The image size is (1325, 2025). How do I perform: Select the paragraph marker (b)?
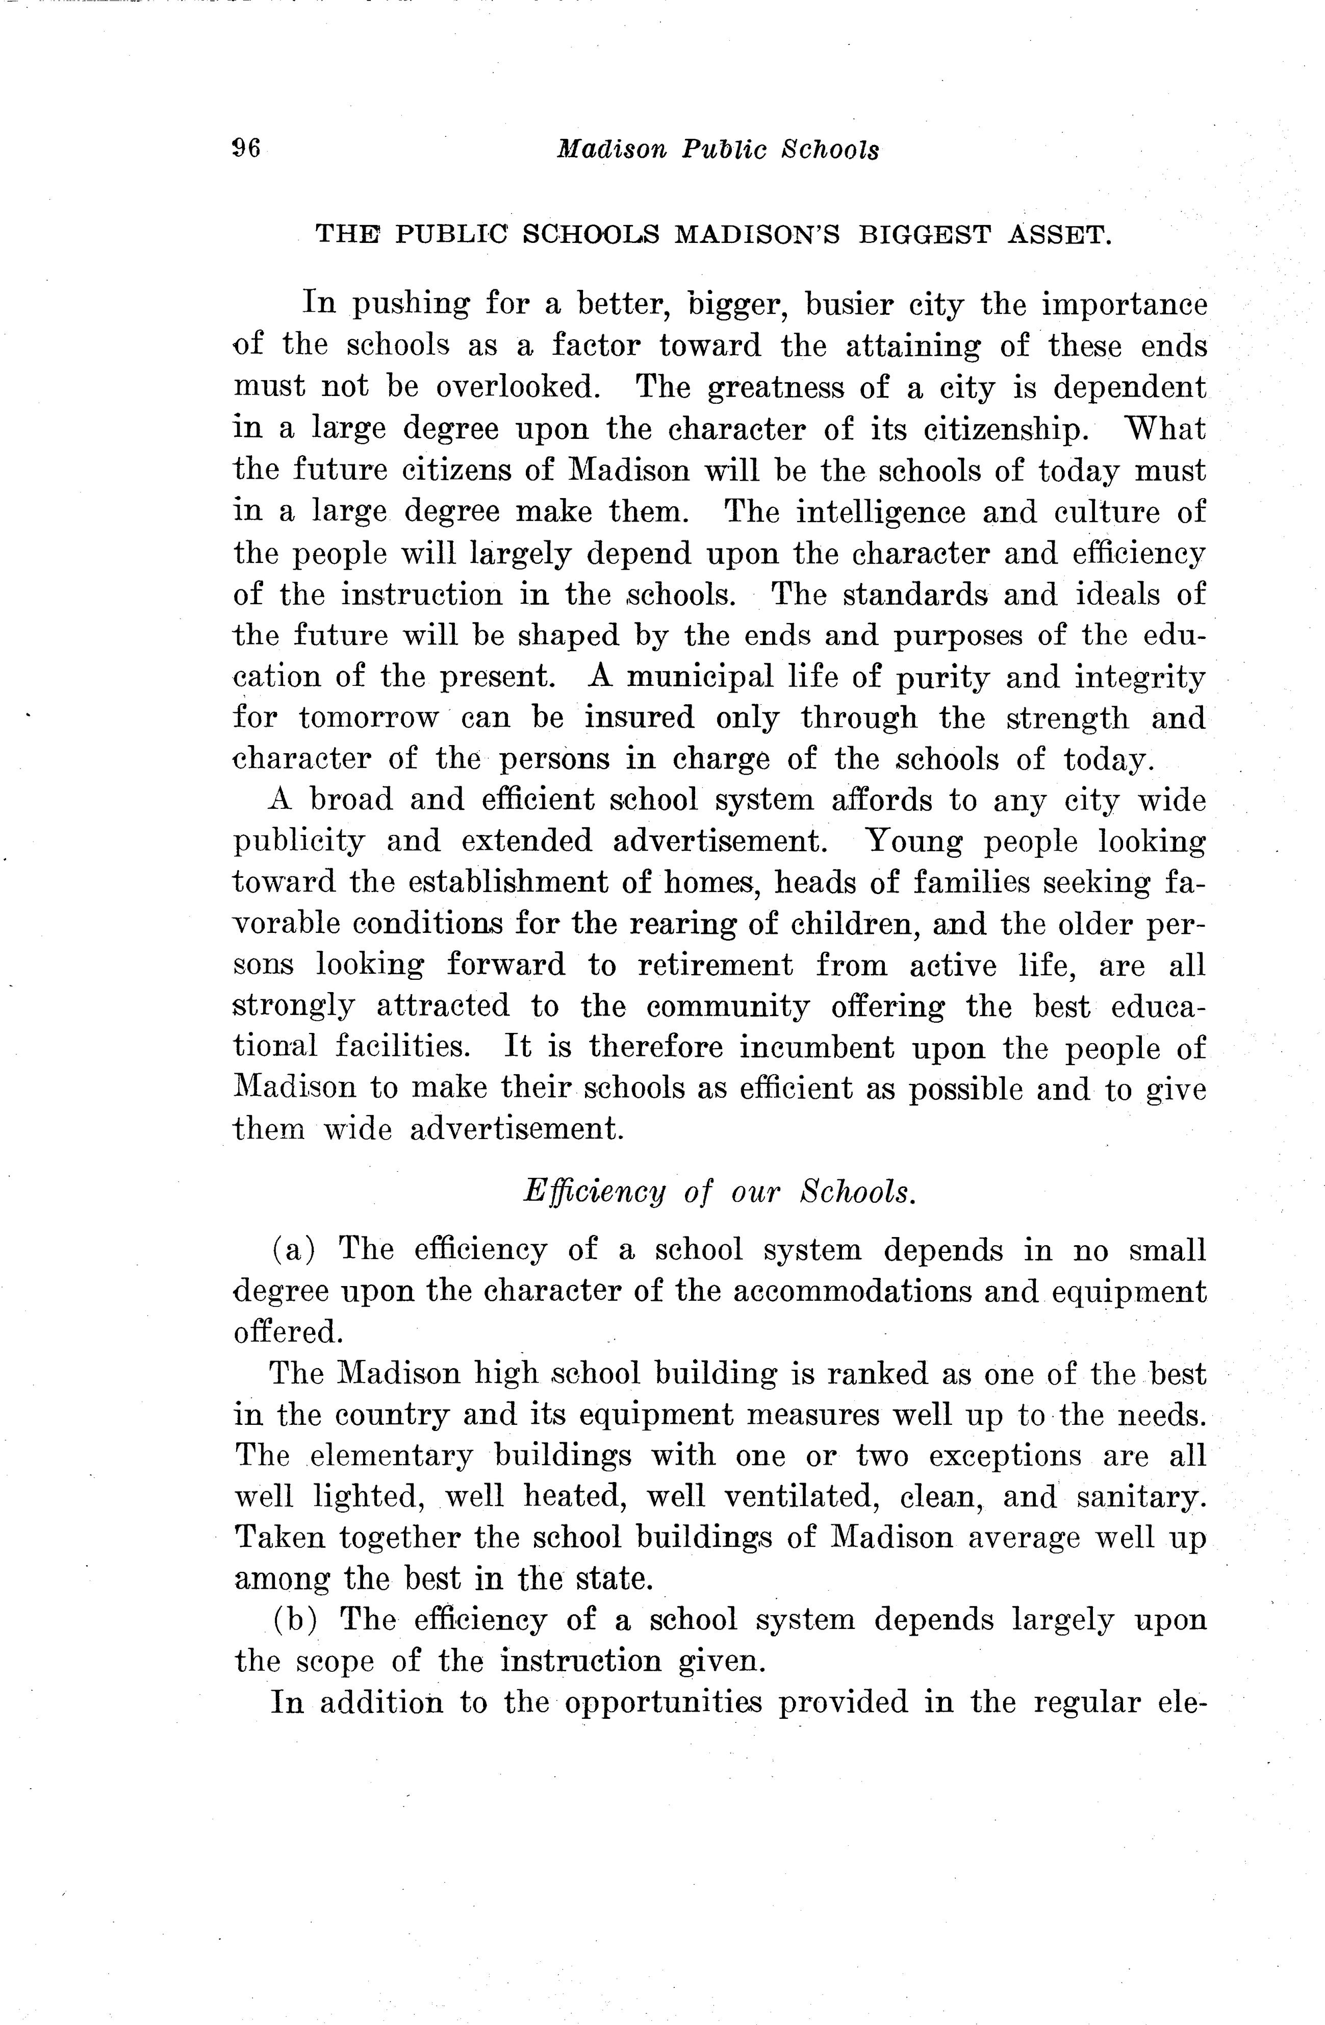(294, 1619)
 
